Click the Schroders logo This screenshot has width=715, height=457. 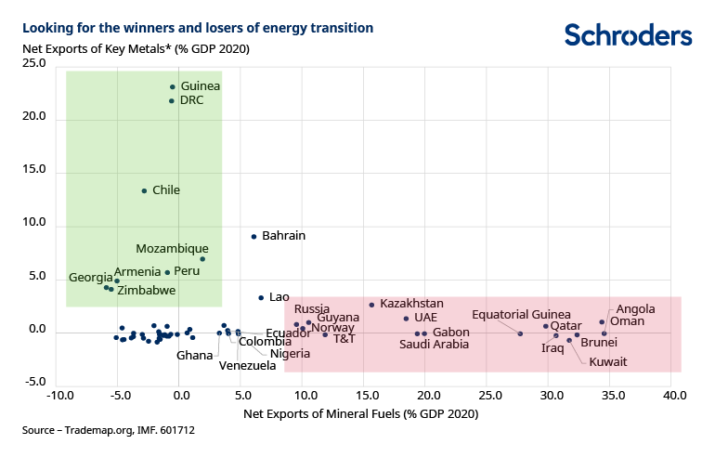point(628,35)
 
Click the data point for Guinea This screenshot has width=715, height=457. point(173,86)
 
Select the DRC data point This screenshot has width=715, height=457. point(172,100)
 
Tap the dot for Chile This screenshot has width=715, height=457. point(144,190)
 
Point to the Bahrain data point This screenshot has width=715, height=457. point(253,236)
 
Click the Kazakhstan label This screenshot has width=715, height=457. point(411,304)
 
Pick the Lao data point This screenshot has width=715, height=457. point(261,297)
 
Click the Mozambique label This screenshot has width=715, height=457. point(172,249)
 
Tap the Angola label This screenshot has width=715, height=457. point(635,309)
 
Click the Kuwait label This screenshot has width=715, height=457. point(608,361)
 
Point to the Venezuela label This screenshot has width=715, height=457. point(247,365)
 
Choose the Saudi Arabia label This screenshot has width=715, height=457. point(434,345)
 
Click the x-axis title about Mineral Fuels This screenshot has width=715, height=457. point(360,412)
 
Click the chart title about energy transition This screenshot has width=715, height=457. point(198,28)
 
